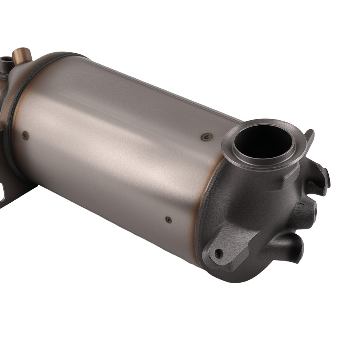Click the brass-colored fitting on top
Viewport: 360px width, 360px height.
tap(22, 55)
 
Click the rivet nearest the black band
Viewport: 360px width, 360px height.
tap(25, 136)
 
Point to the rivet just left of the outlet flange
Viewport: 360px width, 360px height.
tap(206, 137)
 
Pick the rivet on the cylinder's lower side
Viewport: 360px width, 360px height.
tap(168, 220)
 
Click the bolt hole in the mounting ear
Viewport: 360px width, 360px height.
tap(218, 253)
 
